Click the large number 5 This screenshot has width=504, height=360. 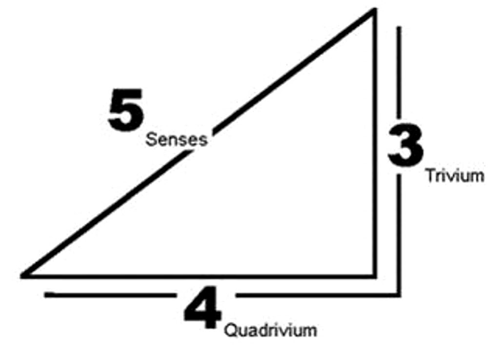(126, 110)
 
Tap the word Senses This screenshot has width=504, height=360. (177, 140)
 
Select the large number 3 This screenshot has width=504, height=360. (405, 145)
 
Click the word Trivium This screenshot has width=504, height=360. (455, 175)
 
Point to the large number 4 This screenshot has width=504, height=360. (202, 310)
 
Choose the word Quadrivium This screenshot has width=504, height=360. (270, 330)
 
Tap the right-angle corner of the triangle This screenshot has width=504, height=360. (374, 276)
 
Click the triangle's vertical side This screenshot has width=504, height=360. (374, 146)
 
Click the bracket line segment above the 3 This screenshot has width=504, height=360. (399, 73)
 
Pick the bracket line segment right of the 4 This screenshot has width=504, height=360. (317, 295)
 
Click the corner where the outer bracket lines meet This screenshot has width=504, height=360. (399, 295)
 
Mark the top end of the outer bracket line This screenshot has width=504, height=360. (399, 28)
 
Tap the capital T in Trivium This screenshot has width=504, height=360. (430, 175)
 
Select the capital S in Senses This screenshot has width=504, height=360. (151, 140)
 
